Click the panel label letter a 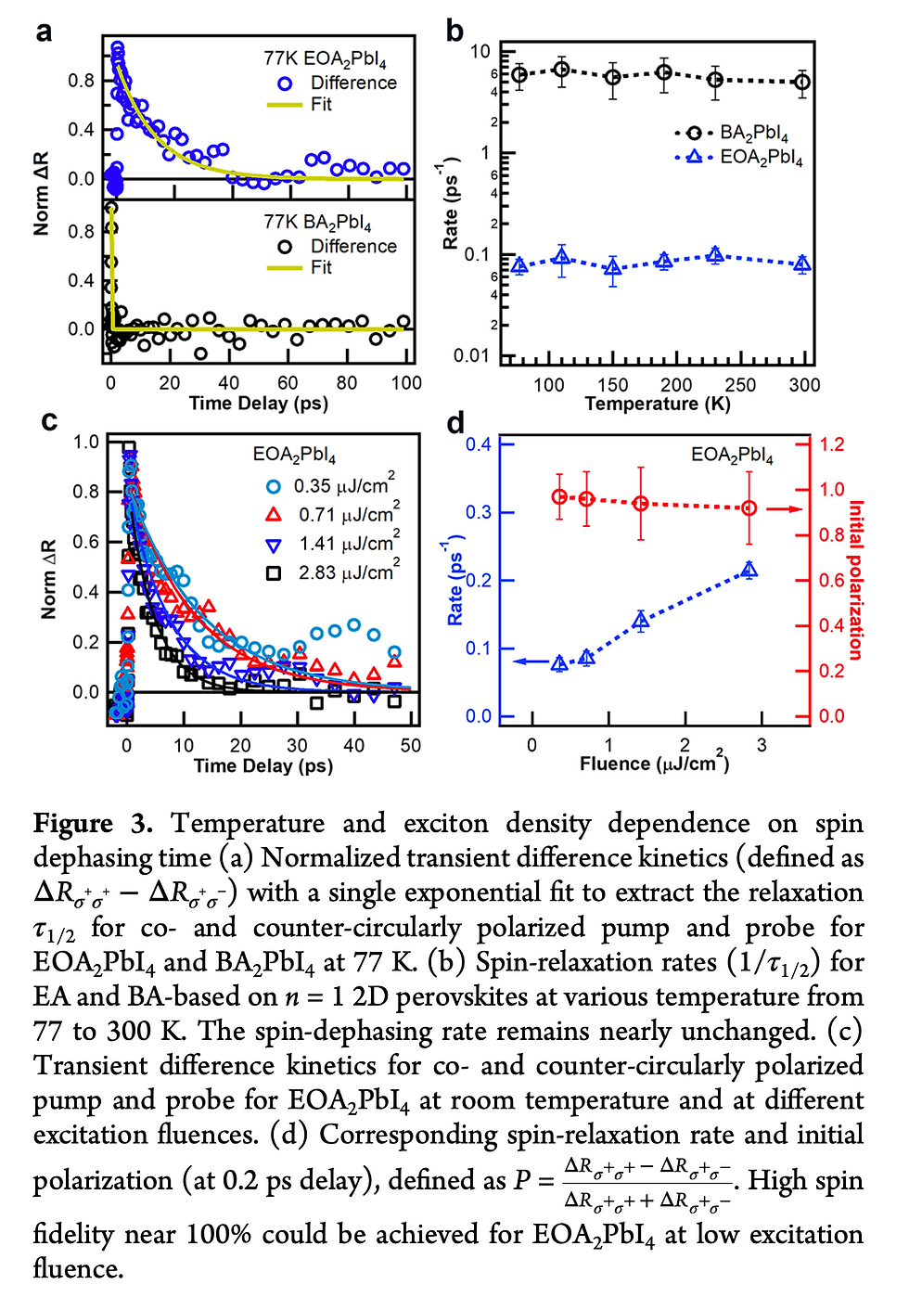tap(44, 32)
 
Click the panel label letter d tap(455, 423)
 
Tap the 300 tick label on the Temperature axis tap(803, 385)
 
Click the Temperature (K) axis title tap(657, 405)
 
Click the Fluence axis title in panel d tap(654, 764)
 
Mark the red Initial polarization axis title tap(855, 580)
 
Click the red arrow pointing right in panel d tap(785, 508)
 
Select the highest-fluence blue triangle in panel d tap(749, 570)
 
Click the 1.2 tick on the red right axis tap(832, 444)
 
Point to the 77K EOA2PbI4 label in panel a tap(325, 59)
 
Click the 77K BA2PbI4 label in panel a tap(317, 223)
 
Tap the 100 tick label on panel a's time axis tap(405, 383)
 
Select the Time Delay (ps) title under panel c tap(262, 766)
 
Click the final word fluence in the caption tap(78, 1268)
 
